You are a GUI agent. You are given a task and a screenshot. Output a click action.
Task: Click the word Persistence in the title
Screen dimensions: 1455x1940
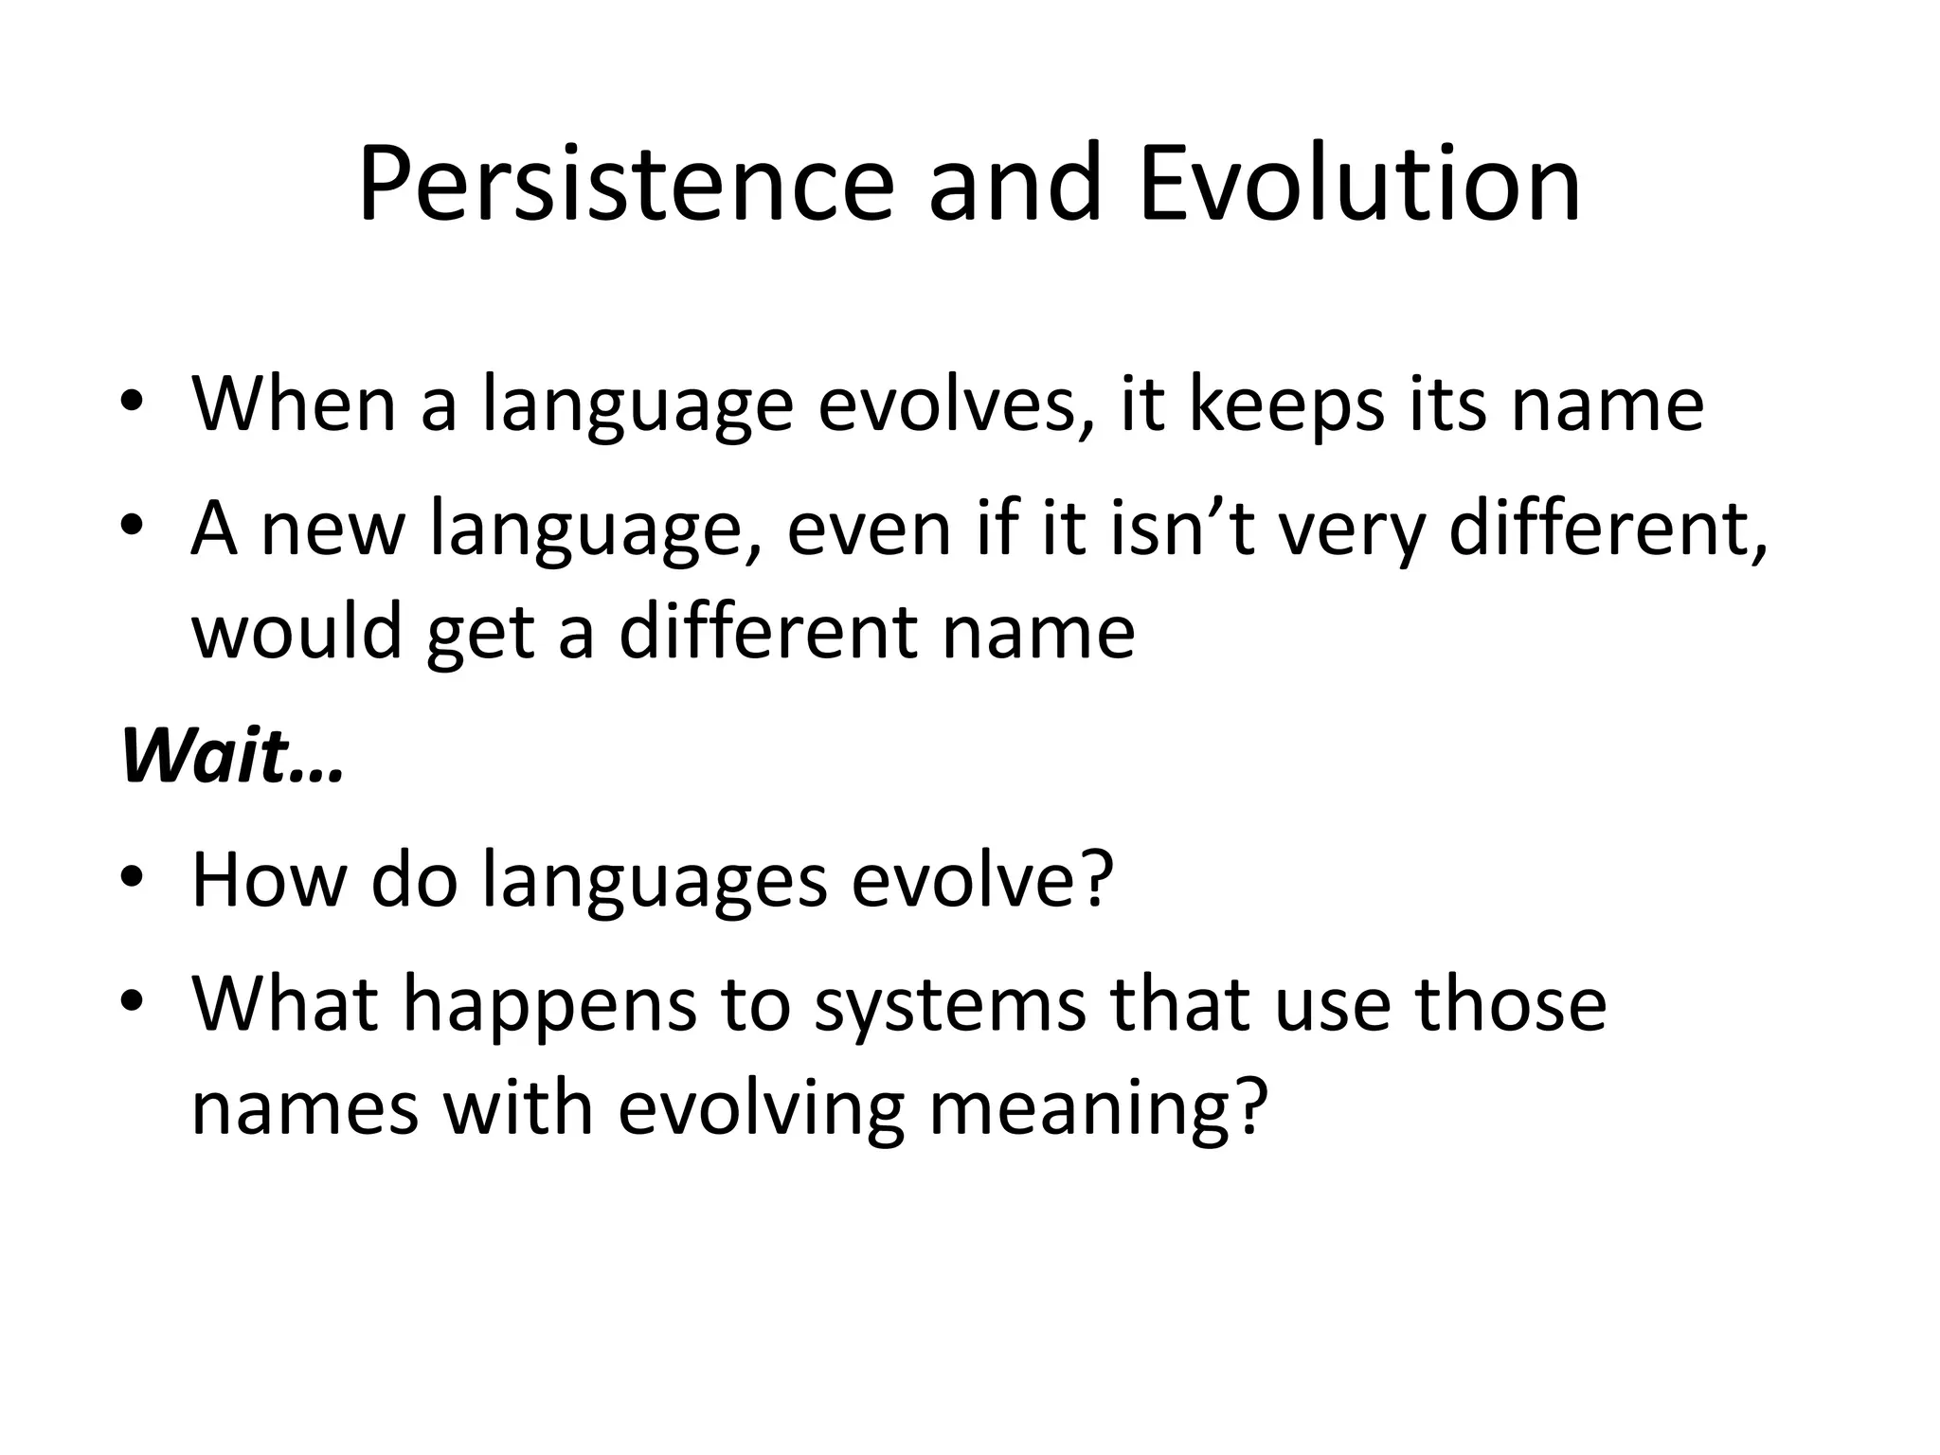625,185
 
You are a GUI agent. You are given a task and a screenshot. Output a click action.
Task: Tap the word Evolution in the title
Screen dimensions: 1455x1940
1360,185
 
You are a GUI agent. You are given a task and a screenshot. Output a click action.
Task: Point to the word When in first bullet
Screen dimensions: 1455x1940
294,405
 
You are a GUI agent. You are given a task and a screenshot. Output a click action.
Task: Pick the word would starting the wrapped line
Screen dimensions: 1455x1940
297,632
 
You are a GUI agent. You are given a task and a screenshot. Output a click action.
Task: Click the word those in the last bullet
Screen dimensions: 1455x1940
1510,1004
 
